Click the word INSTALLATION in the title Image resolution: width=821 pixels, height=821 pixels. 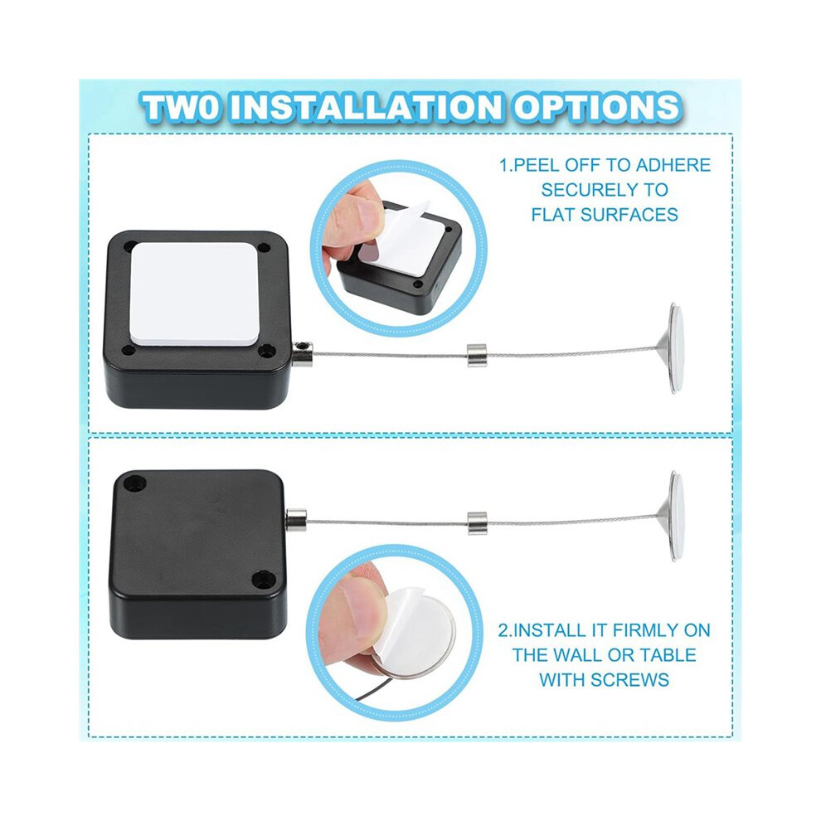(x=366, y=107)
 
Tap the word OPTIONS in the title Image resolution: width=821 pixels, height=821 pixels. (x=596, y=107)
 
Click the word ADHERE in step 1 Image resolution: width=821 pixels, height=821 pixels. (x=673, y=165)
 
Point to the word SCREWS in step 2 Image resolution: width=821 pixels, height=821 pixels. (x=631, y=680)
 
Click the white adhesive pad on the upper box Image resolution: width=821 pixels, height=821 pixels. (x=196, y=294)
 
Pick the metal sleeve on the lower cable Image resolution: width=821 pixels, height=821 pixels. (x=477, y=523)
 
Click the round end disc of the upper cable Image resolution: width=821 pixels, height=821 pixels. (x=675, y=347)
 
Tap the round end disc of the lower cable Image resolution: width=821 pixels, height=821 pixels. (x=675, y=516)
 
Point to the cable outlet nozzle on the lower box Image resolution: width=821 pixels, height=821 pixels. (x=296, y=519)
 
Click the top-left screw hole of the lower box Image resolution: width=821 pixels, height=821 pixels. (x=136, y=481)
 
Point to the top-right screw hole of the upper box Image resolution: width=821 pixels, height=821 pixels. (x=265, y=247)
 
